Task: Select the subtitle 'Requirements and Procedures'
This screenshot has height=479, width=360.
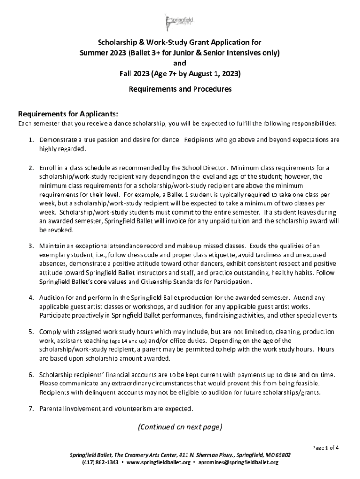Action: [x=180, y=89]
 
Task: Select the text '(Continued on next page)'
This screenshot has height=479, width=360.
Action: [x=180, y=427]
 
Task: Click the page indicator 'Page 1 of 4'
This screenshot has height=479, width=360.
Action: [x=325, y=447]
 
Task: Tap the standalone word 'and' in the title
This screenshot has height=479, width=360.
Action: [x=180, y=63]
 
